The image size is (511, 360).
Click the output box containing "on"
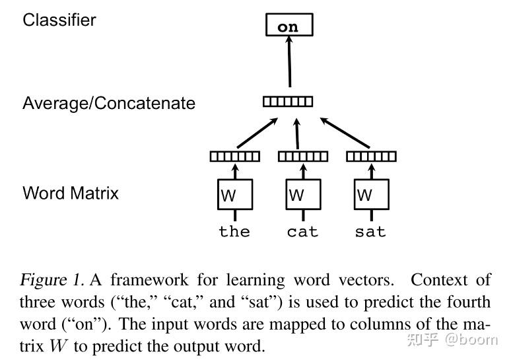click(288, 26)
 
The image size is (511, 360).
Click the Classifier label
click(59, 20)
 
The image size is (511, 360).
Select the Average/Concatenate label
click(109, 104)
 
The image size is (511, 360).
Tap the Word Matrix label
click(71, 193)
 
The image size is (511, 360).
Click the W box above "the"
click(235, 194)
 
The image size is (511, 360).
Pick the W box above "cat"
click(303, 194)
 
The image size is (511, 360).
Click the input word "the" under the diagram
click(234, 232)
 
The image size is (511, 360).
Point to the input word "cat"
click(302, 232)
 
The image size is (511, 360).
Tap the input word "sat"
click(370, 232)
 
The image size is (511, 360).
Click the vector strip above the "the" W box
click(235, 157)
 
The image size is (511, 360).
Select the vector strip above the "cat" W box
click(303, 157)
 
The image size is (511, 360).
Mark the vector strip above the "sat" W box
click(371, 157)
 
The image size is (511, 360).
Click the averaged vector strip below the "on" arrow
click(288, 102)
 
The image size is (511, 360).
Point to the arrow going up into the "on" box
click(289, 63)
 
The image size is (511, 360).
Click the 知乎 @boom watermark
click(452, 340)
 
